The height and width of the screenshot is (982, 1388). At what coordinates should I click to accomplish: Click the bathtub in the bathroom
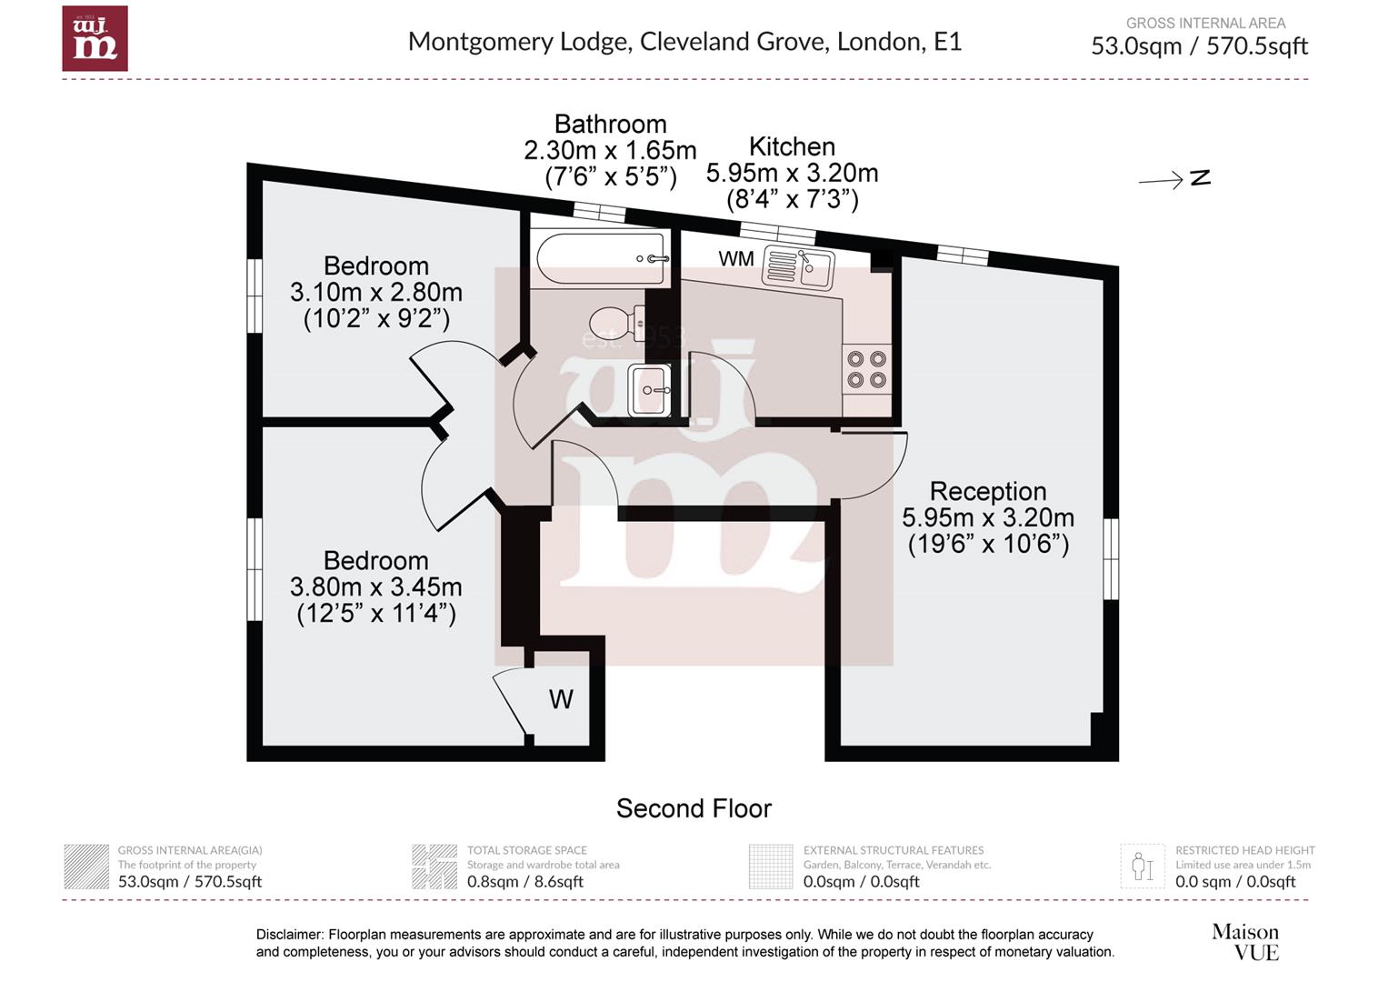(601, 259)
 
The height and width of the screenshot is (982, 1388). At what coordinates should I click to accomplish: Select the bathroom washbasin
(650, 389)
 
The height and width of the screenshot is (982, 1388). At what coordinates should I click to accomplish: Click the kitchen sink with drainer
(798, 267)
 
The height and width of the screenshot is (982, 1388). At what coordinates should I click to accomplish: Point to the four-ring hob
(866, 369)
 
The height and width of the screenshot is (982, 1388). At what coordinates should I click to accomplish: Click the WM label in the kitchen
(736, 259)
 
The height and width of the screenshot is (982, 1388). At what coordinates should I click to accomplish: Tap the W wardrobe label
(561, 699)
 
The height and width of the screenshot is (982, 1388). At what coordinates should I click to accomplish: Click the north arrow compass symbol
(1174, 179)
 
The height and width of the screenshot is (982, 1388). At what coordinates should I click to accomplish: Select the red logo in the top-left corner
(95, 38)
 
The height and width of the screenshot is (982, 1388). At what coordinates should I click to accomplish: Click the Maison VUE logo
(1246, 942)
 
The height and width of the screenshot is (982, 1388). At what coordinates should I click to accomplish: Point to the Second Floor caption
(694, 808)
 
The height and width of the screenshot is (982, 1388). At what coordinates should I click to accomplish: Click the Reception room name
(988, 491)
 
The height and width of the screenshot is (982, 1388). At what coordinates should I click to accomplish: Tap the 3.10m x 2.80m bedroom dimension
(375, 292)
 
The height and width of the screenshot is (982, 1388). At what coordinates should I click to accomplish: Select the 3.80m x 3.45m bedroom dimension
(375, 586)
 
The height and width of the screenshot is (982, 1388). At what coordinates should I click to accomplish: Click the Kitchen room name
(792, 146)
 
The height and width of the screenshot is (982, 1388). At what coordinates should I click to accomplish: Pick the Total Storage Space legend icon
(434, 867)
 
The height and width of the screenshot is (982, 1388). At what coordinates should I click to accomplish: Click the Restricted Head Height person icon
(1143, 867)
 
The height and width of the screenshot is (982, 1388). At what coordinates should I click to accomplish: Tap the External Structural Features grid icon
(771, 867)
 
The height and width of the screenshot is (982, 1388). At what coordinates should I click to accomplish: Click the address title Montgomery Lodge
(684, 42)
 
